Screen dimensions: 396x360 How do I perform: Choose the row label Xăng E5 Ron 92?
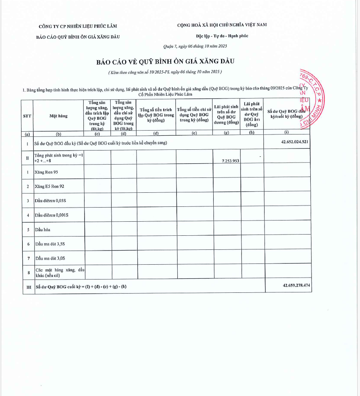[49, 186]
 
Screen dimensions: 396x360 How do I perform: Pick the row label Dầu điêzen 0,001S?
[51, 215]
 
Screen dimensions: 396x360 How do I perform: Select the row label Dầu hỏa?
[42, 229]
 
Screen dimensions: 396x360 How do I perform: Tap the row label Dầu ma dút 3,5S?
[50, 244]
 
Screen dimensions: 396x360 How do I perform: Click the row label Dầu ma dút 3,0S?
[50, 258]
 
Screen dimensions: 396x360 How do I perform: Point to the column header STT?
[27, 116]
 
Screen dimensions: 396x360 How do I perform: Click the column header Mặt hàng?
[58, 116]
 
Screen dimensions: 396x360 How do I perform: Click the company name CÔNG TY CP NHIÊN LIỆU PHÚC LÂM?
[78, 26]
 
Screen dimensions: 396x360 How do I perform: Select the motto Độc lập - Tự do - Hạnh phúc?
[222, 36]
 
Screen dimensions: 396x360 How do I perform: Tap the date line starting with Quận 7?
[195, 47]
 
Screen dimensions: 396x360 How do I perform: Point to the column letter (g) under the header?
[226, 133]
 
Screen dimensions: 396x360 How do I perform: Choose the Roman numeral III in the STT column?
[29, 287]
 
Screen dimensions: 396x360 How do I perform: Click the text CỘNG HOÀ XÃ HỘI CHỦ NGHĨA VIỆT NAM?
[222, 25]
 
